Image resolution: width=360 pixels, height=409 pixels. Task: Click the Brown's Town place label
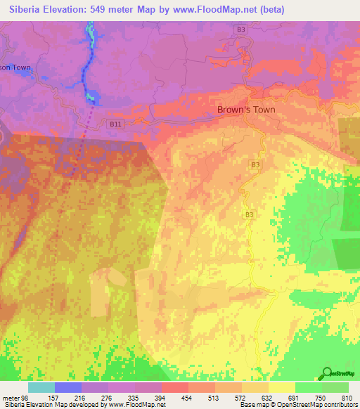pyautogui.click(x=246, y=110)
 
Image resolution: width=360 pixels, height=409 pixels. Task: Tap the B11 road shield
pyautogui.click(x=117, y=123)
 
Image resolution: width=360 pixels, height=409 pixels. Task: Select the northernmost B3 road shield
pyautogui.click(x=241, y=30)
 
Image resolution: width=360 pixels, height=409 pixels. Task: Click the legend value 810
pyautogui.click(x=348, y=398)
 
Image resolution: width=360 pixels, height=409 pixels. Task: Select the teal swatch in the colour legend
pyautogui.click(x=41, y=387)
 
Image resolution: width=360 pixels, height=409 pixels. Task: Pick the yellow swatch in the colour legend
pyautogui.click(x=281, y=387)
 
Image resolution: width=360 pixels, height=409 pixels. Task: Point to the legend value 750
pyautogui.click(x=321, y=398)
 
